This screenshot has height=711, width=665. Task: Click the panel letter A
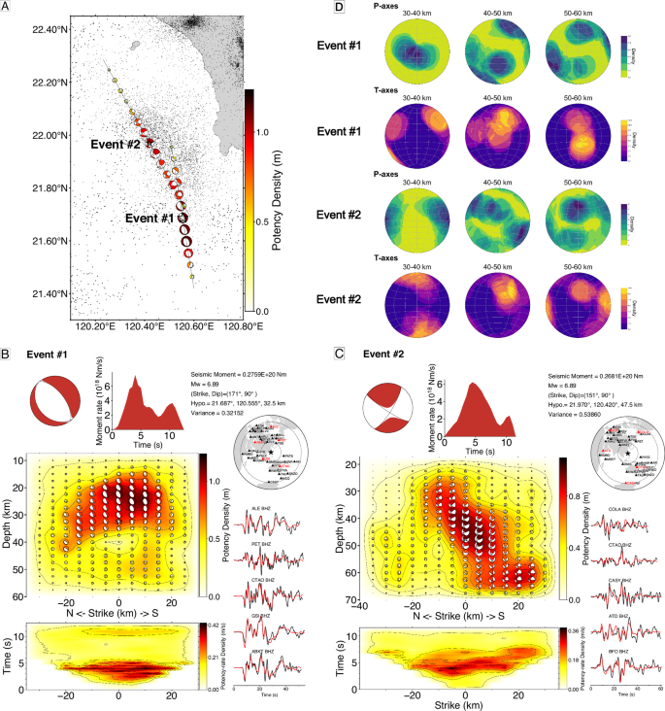(x=8, y=9)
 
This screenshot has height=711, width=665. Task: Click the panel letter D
(x=339, y=9)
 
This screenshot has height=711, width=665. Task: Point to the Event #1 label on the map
(x=150, y=219)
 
